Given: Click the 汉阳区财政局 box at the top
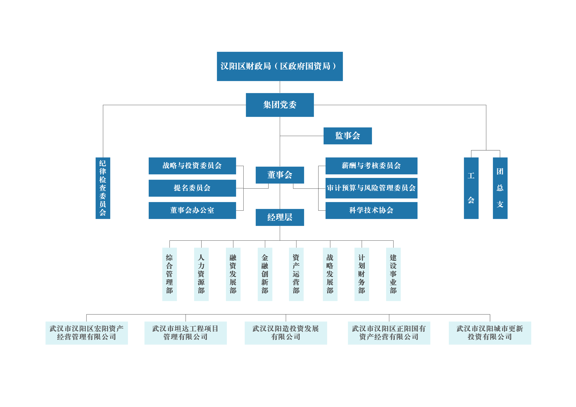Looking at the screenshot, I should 280,66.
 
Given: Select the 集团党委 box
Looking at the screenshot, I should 280,105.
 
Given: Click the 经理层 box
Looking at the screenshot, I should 280,217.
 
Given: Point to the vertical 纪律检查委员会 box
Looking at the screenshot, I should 103,188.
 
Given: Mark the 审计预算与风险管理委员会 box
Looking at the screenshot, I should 371,188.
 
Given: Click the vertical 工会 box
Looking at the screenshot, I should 471,188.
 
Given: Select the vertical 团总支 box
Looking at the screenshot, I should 500,188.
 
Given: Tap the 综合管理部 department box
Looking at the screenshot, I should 170,274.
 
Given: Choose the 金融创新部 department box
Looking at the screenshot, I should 265,274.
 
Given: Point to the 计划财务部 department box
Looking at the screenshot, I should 361,274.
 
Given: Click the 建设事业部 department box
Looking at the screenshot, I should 393,274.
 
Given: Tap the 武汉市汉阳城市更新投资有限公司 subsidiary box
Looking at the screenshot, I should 490,333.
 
